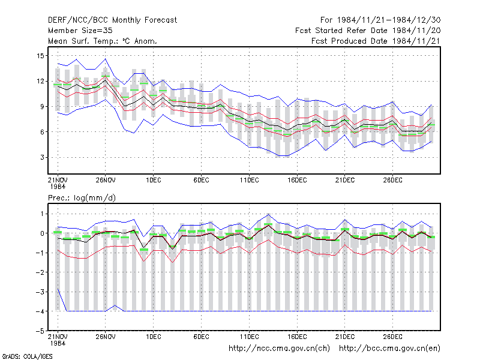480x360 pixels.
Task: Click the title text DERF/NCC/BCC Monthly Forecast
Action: [112, 20]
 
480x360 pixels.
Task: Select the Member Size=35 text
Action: [80, 31]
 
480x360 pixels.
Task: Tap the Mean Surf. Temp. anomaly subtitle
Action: [103, 41]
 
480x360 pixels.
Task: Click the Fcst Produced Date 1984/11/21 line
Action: [376, 41]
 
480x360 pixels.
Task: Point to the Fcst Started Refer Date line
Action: [368, 31]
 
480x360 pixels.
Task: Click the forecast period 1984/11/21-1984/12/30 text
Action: [380, 20]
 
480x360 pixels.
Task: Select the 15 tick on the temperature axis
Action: [40, 56]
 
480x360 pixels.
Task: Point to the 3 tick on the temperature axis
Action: [42, 157]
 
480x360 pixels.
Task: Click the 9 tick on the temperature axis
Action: [42, 107]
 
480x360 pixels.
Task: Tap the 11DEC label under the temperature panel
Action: [249, 181]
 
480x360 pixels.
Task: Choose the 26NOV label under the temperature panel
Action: [106, 181]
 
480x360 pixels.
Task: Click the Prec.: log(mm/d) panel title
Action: [82, 198]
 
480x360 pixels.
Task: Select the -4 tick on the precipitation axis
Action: [40, 311]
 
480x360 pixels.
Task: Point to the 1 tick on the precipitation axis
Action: [42, 214]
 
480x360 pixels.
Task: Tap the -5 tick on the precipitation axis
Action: [40, 331]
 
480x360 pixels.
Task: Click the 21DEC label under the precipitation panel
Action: [345, 337]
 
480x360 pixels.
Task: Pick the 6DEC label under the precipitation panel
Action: [202, 337]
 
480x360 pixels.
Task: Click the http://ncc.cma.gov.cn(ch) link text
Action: [279, 349]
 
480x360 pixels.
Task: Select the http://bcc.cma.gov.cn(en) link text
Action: [389, 349]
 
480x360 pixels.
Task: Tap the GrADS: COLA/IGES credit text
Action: [27, 356]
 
